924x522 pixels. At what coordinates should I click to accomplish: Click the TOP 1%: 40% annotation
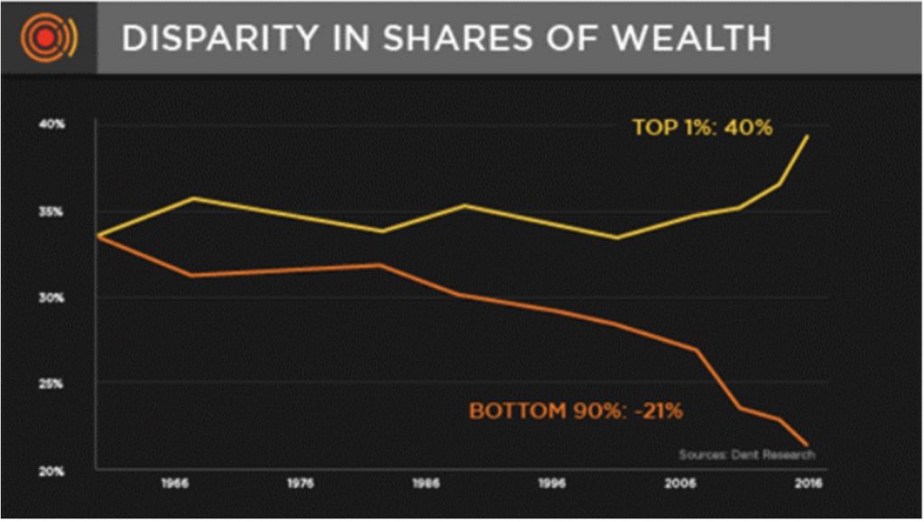click(x=702, y=127)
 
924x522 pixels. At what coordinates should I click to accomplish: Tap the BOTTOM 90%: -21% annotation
click(x=576, y=411)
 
